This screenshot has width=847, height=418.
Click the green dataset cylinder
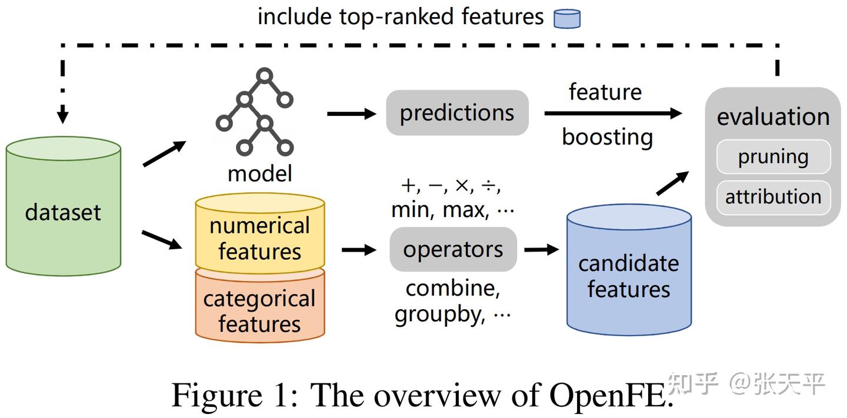coord(63,212)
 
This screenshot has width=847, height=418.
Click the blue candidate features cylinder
coord(628,276)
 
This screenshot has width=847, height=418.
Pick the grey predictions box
coord(457,113)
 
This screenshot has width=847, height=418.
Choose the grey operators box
coord(453,249)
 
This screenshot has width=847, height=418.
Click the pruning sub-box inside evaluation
coord(773,157)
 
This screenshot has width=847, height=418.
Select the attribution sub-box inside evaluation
coord(773,196)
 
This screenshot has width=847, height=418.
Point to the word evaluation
coord(773,116)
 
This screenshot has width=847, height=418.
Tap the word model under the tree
coord(259,173)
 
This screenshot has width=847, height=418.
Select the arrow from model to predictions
coord(351,113)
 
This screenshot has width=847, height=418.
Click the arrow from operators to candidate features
coord(541,249)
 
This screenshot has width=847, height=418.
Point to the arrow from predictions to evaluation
coord(612,113)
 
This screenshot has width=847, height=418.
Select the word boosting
coord(607,138)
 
